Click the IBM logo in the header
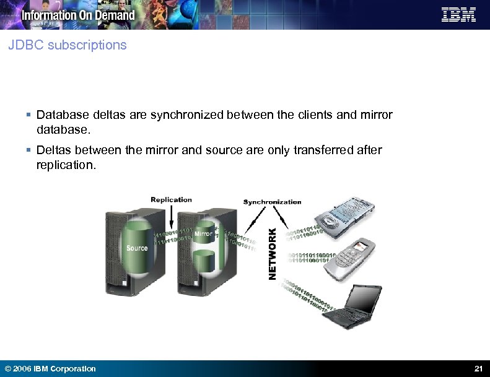(x=458, y=14)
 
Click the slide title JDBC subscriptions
(x=68, y=45)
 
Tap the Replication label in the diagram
(x=171, y=199)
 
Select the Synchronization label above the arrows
(x=272, y=202)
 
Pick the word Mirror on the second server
(x=203, y=234)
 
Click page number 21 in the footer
(x=478, y=369)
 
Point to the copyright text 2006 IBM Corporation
(x=50, y=369)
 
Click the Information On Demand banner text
(x=78, y=15)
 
